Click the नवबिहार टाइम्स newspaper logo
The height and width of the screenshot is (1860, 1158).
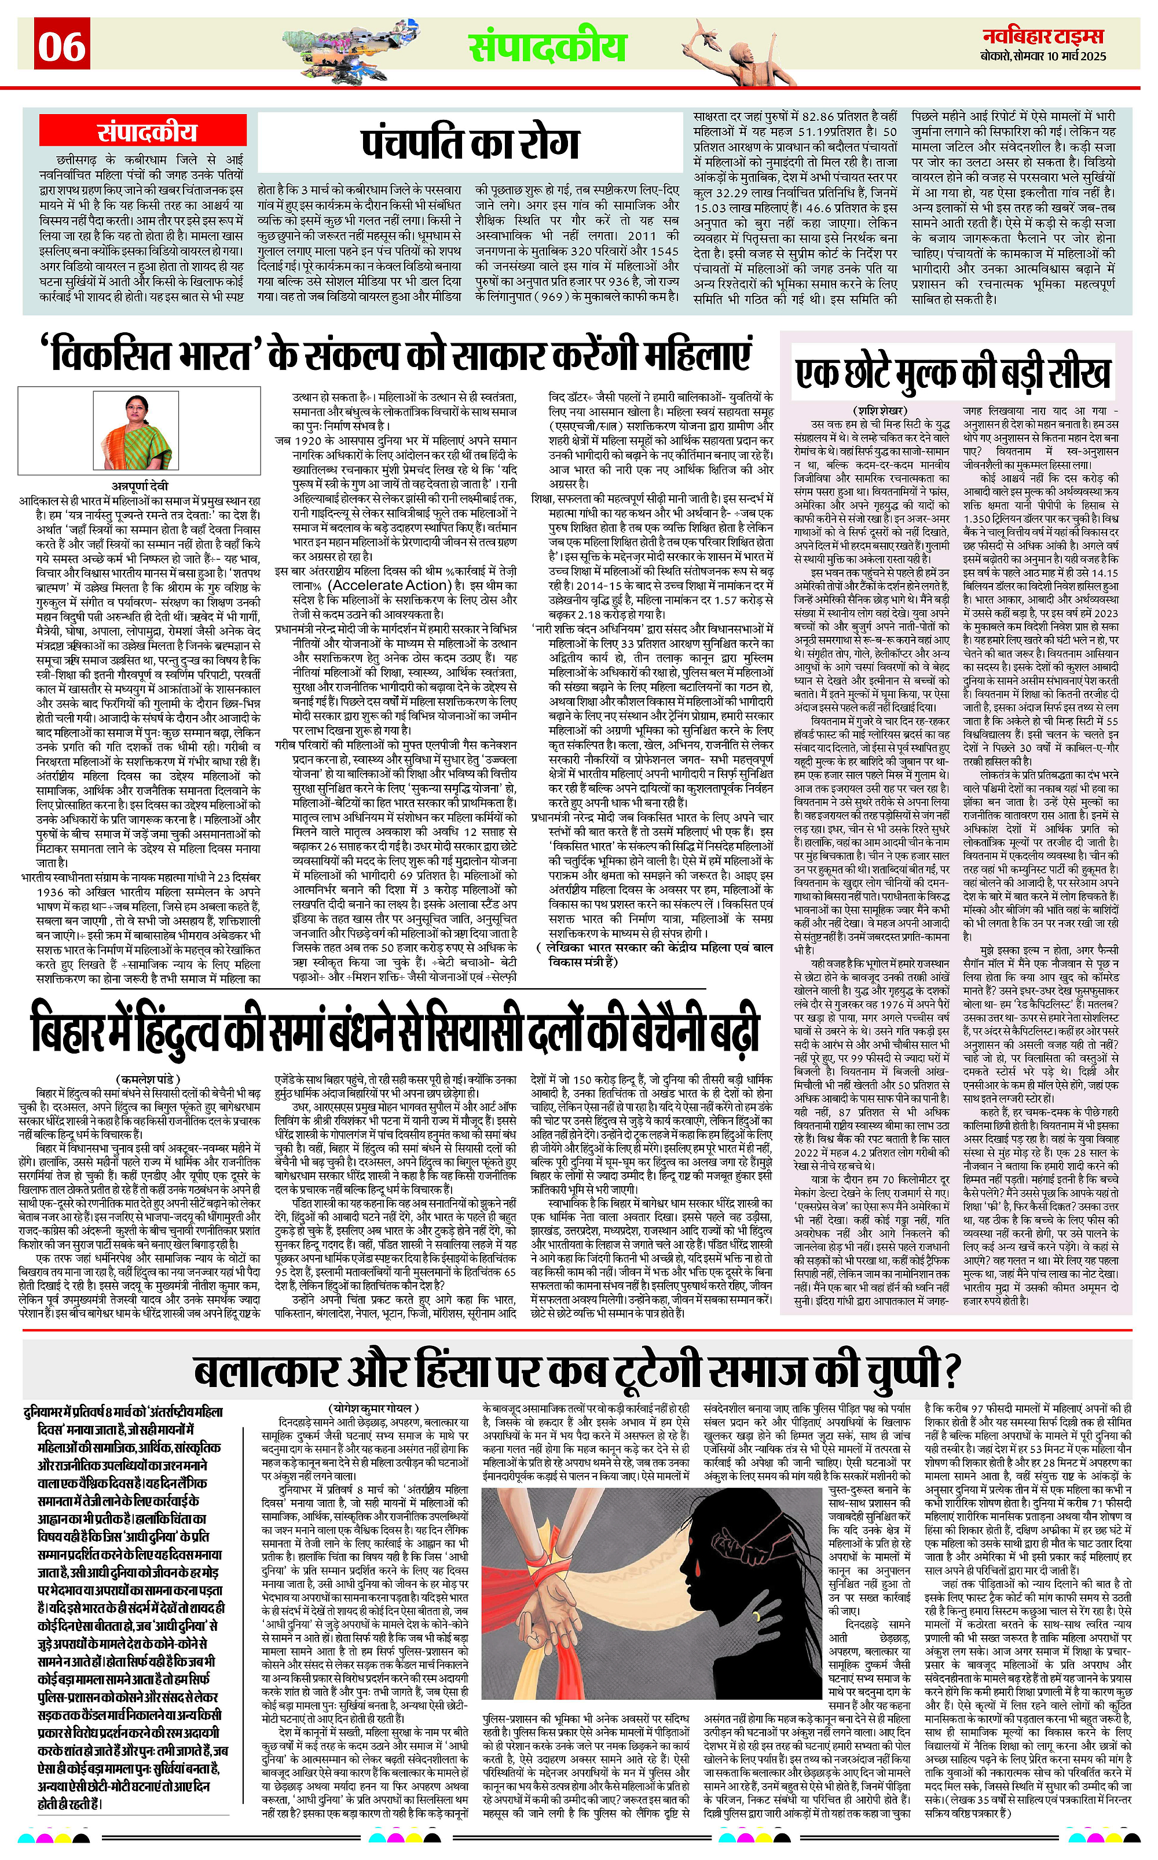tap(1044, 36)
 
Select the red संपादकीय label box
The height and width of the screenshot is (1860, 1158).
tap(145, 133)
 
